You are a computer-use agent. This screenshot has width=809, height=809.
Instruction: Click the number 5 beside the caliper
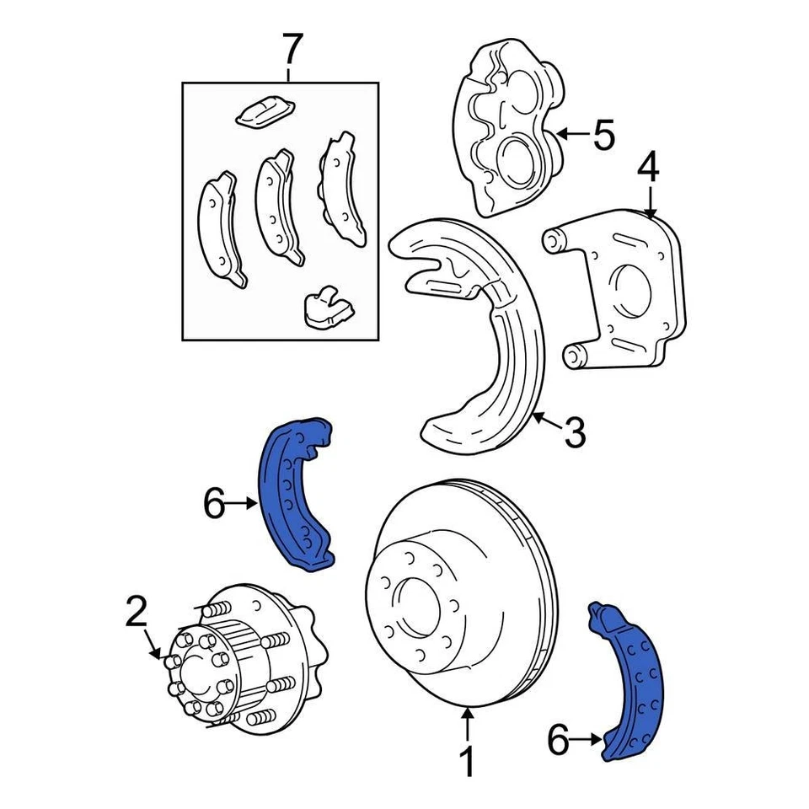coord(603,134)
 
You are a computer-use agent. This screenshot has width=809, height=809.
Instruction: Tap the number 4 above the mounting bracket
coord(647,168)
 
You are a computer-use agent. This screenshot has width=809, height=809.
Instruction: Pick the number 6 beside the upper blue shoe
coord(214,505)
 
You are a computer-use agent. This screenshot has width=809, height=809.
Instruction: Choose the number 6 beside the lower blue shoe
coord(559,742)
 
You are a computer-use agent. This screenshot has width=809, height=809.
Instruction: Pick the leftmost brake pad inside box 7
coord(221,229)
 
